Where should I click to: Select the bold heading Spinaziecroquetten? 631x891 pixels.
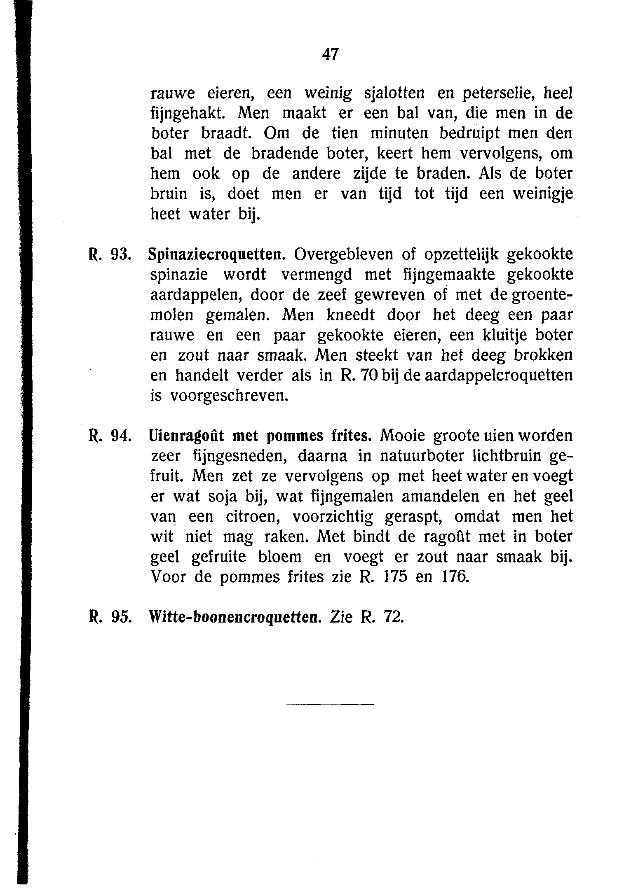tap(217, 255)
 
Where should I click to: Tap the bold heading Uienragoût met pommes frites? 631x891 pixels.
tap(260, 436)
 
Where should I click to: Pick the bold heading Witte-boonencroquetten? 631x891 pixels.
tap(234, 617)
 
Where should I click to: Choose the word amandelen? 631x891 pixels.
tap(440, 497)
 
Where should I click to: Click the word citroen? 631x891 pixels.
tap(253, 517)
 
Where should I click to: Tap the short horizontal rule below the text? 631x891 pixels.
tap(330, 704)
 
